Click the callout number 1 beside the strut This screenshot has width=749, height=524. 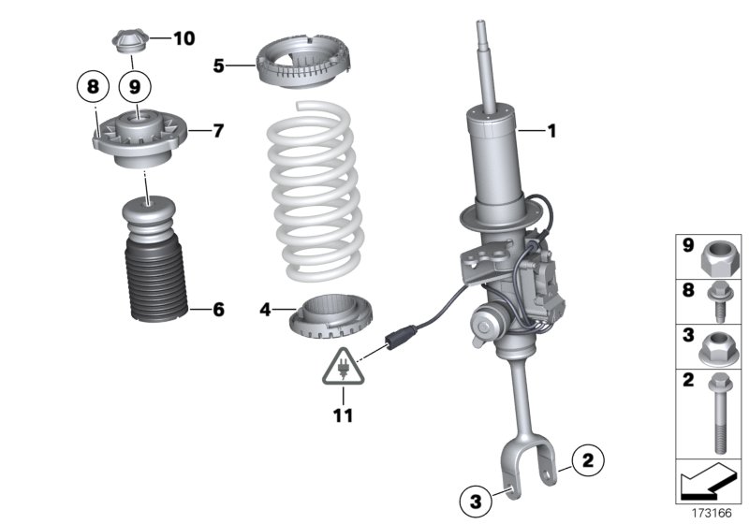[x=551, y=132]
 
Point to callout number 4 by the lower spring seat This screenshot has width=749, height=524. [x=265, y=308]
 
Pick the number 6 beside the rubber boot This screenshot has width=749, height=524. [x=217, y=308]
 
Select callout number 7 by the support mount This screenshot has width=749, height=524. [x=217, y=130]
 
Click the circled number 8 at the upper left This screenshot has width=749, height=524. [x=93, y=87]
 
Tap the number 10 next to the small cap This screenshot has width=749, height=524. [x=184, y=38]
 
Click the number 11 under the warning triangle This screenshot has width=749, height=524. [x=344, y=414]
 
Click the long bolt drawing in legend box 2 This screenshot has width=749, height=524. [x=720, y=409]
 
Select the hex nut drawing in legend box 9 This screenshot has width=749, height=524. [x=720, y=254]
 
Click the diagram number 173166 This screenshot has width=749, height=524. [x=712, y=514]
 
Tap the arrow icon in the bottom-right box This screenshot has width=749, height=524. [x=708, y=484]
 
